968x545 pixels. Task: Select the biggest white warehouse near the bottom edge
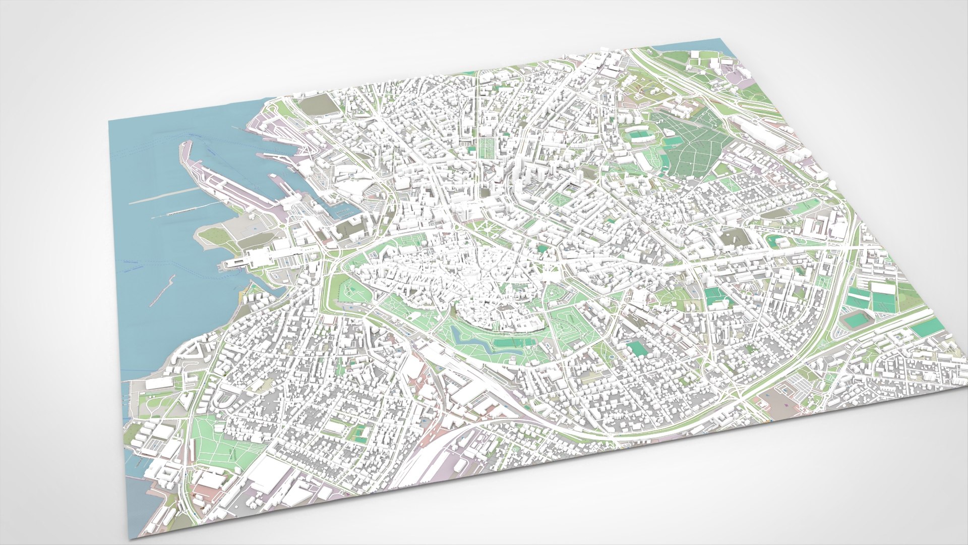point(267,474)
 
